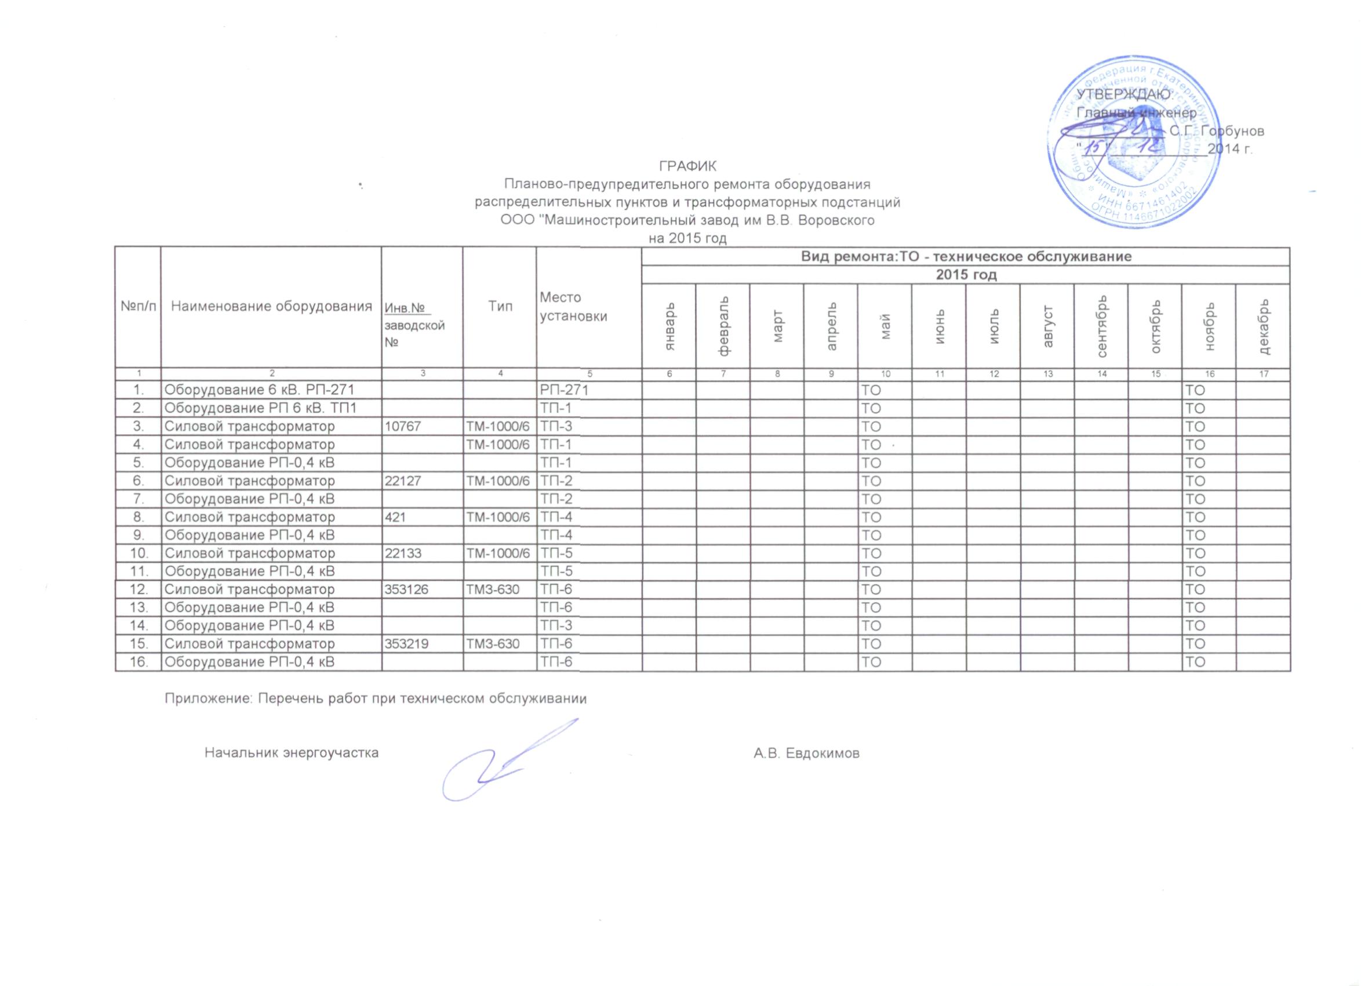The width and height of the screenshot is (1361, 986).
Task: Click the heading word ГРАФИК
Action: [687, 166]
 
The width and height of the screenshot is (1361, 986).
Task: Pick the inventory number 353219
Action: [406, 644]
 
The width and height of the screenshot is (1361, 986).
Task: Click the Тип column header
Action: [500, 306]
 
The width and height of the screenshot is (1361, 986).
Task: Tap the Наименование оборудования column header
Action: [272, 306]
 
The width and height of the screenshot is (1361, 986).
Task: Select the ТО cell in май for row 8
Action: [871, 516]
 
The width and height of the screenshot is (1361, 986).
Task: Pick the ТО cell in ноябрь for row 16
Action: [1195, 662]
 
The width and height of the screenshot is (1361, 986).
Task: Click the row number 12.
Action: [139, 590]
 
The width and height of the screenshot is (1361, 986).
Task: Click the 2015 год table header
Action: [966, 275]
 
